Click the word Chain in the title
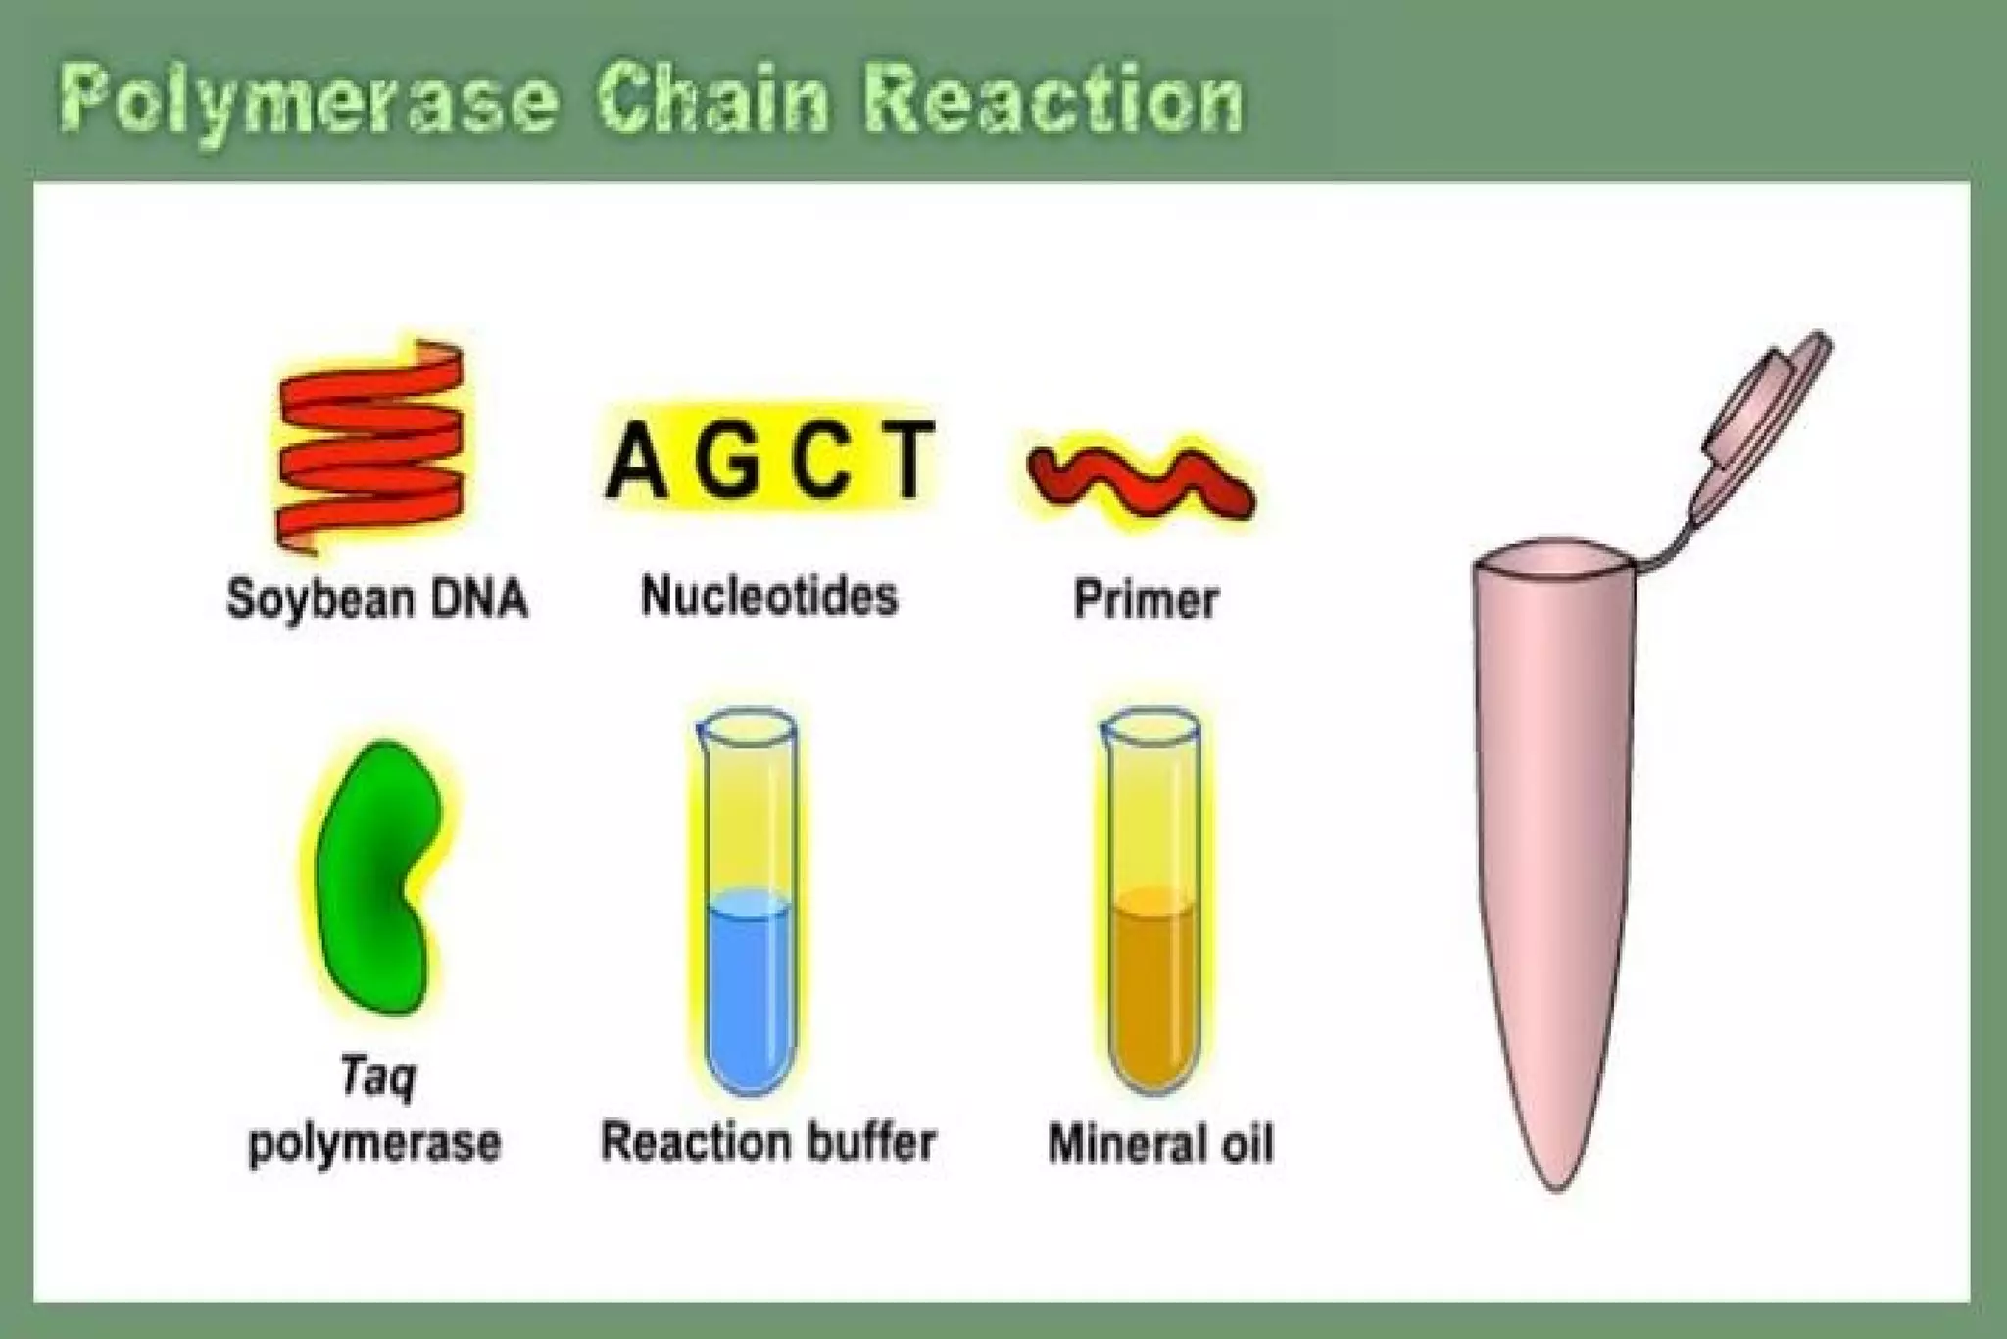click(713, 100)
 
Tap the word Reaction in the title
click(1053, 100)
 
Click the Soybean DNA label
click(376, 598)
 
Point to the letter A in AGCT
click(638, 461)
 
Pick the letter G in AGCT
click(728, 461)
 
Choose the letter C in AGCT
click(821, 461)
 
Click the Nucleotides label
click(768, 596)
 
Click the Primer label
click(1146, 599)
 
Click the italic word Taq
click(378, 1076)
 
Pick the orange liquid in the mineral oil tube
click(1153, 990)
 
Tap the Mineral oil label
click(1160, 1144)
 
